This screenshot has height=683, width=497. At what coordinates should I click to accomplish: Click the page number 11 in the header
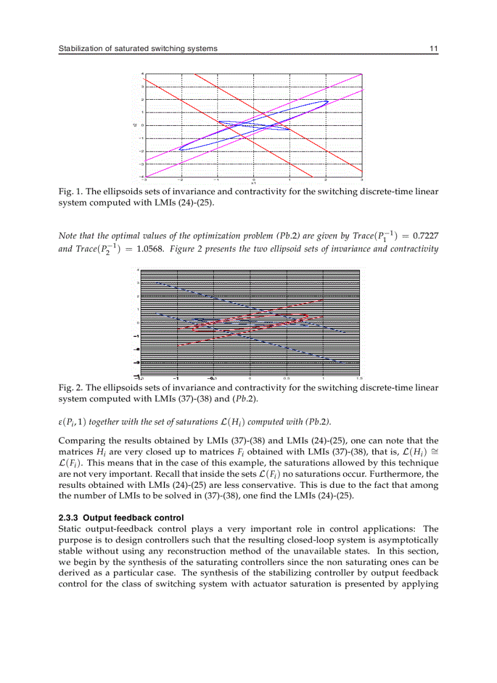(434, 48)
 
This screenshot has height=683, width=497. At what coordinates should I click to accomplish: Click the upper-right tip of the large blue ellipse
(328, 101)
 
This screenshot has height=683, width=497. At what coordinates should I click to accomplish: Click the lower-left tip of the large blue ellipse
(179, 149)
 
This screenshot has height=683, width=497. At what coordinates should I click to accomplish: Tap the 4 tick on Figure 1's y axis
(143, 74)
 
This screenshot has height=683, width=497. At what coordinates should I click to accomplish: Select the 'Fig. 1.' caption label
(70, 191)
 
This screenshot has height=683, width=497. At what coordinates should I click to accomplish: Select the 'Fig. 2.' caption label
(70, 387)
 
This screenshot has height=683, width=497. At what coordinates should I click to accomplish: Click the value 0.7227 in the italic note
(425, 235)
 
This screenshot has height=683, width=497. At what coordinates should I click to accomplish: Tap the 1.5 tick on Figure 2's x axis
(361, 378)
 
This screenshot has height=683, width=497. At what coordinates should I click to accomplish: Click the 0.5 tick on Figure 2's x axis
(286, 378)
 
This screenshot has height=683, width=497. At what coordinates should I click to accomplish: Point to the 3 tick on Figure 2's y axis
(138, 282)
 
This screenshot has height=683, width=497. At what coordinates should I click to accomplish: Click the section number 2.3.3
(68, 518)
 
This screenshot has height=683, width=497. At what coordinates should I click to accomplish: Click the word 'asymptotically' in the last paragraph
(409, 539)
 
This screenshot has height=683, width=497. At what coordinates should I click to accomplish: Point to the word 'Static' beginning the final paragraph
(70, 529)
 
